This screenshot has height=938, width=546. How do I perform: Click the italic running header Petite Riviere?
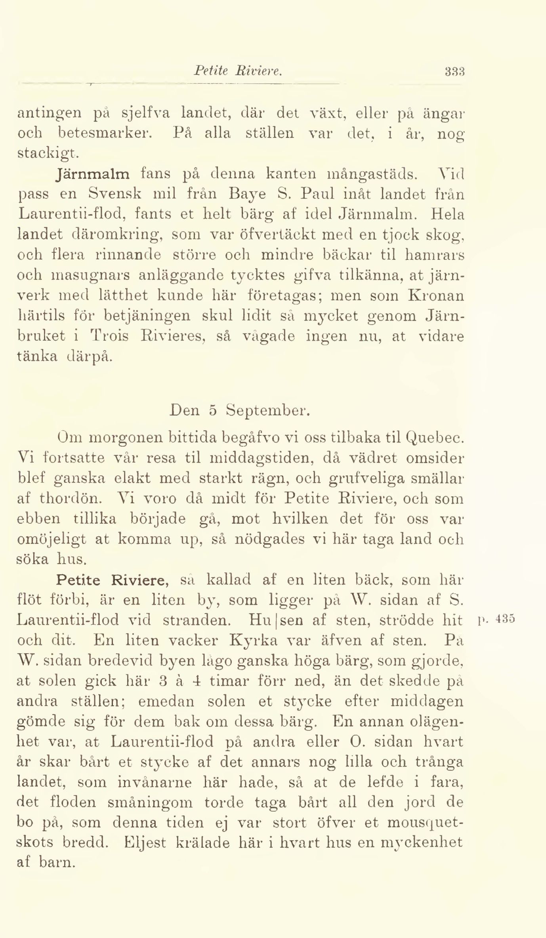[x=237, y=71]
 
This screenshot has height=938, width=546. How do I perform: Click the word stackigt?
[x=46, y=154]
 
